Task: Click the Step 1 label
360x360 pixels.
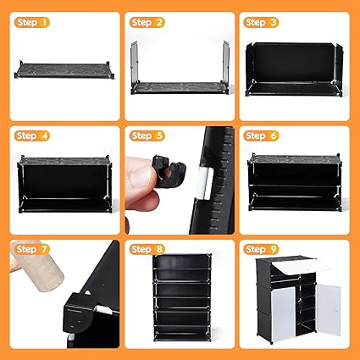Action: click(x=32, y=22)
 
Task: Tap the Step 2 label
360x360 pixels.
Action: click(x=147, y=22)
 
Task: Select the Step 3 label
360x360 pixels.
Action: click(x=261, y=22)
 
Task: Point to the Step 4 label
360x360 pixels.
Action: click(x=32, y=136)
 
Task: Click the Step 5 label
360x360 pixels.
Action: click(x=147, y=136)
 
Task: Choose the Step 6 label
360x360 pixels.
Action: click(x=261, y=136)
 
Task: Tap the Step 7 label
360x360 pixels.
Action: click(x=32, y=249)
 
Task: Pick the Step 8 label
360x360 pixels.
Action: click(x=147, y=249)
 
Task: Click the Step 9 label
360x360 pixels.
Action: click(x=261, y=249)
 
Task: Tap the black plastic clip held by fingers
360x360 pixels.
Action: click(x=169, y=171)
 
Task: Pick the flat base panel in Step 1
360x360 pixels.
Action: click(x=64, y=70)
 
